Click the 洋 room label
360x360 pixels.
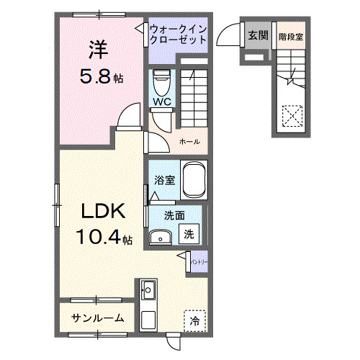99,49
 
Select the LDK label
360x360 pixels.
103,212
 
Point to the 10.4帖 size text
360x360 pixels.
105,237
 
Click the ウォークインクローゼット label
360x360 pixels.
179,35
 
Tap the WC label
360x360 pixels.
161,102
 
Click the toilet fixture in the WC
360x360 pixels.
161,79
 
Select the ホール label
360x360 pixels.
189,141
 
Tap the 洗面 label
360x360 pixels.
173,215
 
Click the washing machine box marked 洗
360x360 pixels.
188,233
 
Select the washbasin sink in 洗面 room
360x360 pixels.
160,237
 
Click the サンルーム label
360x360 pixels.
97,318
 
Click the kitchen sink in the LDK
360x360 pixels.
150,292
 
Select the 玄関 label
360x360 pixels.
258,34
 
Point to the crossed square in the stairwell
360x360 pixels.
292,115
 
